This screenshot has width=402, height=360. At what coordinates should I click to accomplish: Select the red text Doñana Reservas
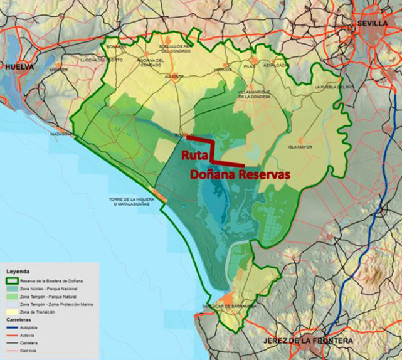point(241,176)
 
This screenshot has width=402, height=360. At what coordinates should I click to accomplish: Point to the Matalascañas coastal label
point(123,203)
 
